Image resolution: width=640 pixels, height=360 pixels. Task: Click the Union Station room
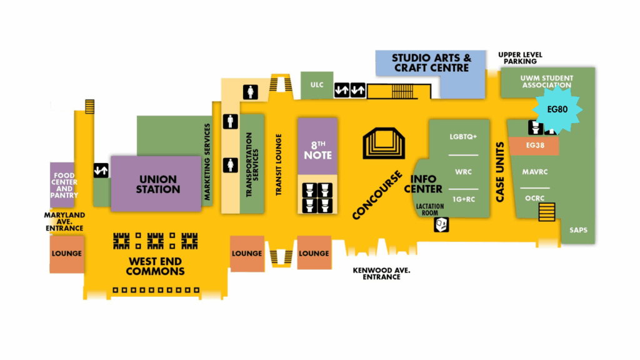(159, 183)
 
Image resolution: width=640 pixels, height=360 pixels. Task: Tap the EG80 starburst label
(557, 109)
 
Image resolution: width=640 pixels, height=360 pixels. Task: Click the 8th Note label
(317, 150)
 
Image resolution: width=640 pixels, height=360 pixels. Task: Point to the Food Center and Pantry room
(64, 185)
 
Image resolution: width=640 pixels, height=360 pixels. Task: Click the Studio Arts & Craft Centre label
(431, 62)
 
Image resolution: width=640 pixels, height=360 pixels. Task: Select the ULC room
(317, 85)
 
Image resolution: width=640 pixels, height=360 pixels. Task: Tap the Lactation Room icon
(441, 224)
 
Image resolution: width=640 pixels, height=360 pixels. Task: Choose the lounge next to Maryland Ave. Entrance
(67, 254)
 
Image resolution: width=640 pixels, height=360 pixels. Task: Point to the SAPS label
(578, 231)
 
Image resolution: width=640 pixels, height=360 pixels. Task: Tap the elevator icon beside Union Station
(101, 170)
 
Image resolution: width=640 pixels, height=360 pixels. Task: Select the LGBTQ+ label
(463, 136)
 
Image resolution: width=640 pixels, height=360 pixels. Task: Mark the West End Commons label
(155, 266)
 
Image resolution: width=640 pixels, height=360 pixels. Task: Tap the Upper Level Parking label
(520, 58)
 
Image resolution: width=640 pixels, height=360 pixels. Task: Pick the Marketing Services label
(207, 162)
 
